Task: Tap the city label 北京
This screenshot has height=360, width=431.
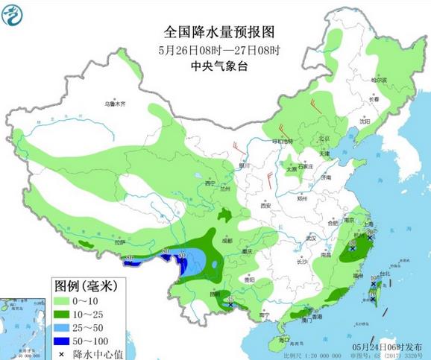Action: pyautogui.click(x=324, y=139)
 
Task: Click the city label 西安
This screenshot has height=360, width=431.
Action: pyautogui.click(x=265, y=205)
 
